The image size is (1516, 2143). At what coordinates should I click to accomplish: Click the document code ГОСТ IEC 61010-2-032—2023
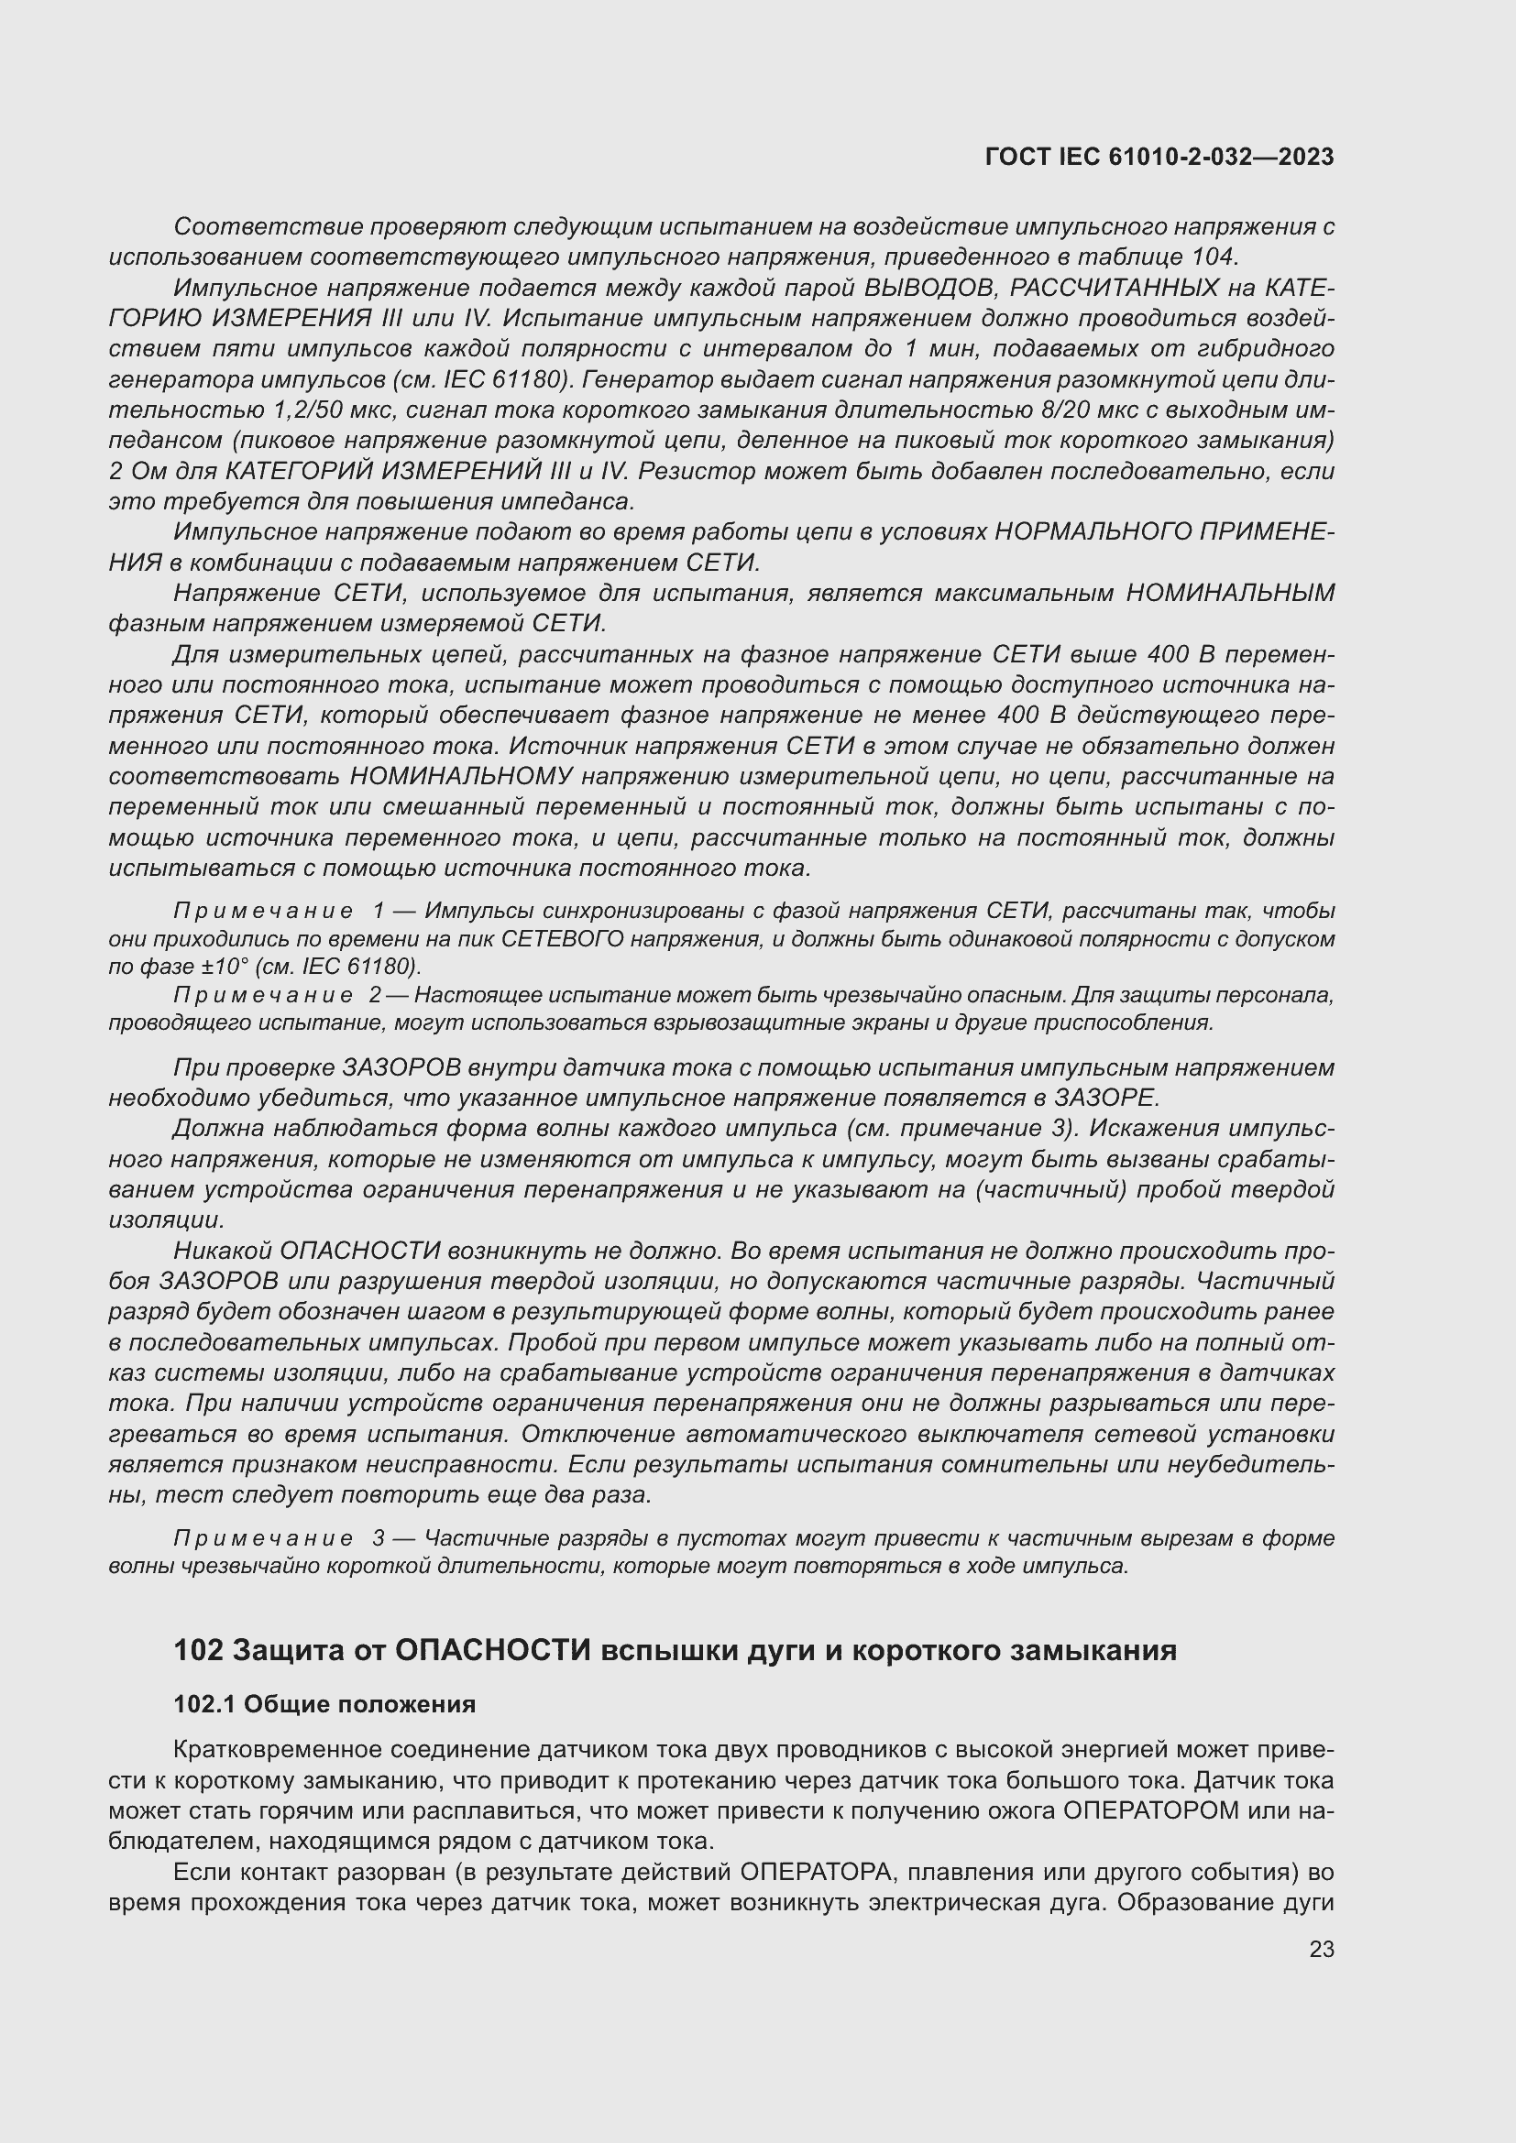point(1159,157)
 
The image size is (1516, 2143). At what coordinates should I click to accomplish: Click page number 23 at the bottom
point(1321,1949)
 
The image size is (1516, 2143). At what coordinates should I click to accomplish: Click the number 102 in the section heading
point(198,1650)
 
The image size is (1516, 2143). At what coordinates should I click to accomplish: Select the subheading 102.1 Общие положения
point(324,1704)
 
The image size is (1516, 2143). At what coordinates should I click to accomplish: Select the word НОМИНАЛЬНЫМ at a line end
point(1230,594)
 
